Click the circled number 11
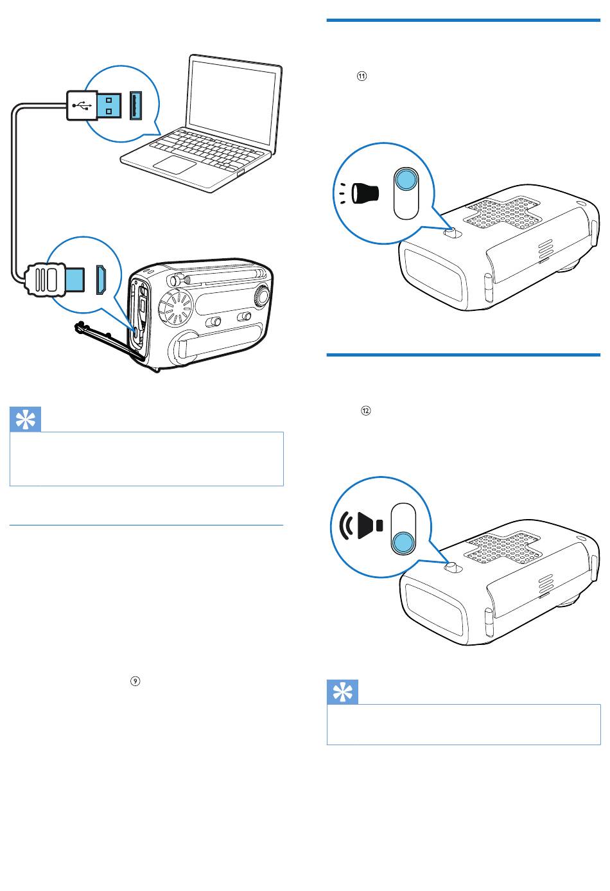(x=362, y=76)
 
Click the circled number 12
(x=365, y=410)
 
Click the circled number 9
(x=135, y=681)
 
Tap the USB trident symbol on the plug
(x=82, y=105)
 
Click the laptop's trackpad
(x=175, y=164)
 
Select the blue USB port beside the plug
(x=135, y=105)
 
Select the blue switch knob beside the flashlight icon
(x=406, y=179)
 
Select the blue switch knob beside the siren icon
(x=403, y=543)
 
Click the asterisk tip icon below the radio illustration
(x=26, y=419)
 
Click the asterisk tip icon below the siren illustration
(x=342, y=692)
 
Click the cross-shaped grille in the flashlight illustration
(x=503, y=211)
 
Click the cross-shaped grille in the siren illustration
(x=503, y=547)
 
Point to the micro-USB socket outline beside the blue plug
(x=101, y=279)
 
